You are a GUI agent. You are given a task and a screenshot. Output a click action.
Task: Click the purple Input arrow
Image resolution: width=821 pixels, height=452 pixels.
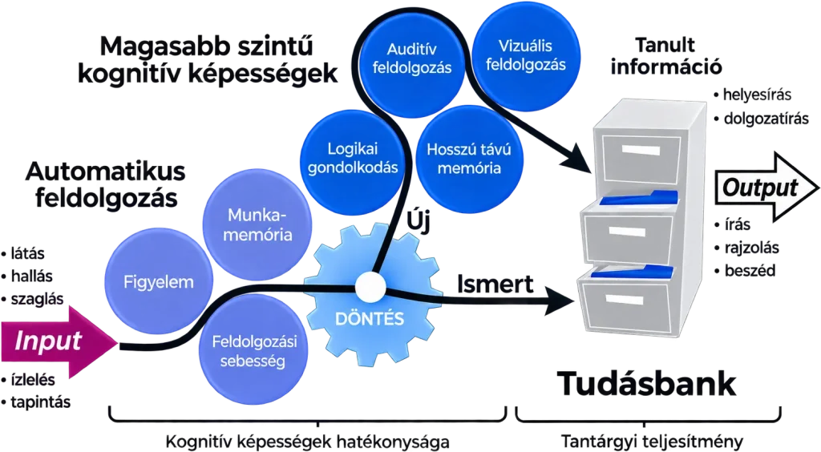(58, 341)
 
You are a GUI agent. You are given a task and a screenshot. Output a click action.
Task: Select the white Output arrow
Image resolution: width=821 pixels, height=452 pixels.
(766, 188)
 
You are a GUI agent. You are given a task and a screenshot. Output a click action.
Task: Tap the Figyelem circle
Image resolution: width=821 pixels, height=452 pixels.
(159, 282)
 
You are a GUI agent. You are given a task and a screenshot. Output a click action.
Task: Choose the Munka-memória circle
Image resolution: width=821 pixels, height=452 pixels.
(257, 225)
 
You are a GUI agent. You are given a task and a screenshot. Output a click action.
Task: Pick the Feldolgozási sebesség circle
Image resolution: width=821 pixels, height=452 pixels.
(254, 352)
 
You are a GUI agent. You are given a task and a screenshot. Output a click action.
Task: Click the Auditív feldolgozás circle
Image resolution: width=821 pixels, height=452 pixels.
(412, 59)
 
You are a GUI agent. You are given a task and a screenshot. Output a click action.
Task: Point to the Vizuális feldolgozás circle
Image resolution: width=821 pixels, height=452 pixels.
(526, 55)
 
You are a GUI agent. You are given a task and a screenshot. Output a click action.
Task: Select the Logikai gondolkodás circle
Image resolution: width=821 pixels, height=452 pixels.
(353, 159)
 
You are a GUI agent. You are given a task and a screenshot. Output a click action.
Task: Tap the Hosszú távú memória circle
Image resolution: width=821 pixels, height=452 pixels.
(469, 159)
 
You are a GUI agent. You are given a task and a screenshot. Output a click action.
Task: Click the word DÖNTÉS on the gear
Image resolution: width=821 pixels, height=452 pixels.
(370, 319)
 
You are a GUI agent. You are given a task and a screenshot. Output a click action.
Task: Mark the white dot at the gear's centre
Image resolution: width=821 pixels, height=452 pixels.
(370, 286)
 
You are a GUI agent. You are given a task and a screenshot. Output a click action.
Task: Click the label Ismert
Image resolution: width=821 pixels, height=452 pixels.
(495, 284)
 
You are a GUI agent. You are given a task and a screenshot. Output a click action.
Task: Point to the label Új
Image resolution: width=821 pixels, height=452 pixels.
(419, 222)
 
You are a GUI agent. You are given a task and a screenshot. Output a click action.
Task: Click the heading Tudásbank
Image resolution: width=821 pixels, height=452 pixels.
(646, 383)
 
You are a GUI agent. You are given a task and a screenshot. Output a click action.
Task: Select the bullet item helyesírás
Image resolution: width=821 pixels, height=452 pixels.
(752, 95)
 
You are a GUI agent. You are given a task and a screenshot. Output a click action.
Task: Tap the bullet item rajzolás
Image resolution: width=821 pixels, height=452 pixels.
(746, 248)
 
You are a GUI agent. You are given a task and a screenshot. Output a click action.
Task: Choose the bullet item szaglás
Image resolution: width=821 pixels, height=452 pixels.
(32, 299)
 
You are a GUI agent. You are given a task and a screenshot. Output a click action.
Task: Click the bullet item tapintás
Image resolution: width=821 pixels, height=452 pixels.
(35, 402)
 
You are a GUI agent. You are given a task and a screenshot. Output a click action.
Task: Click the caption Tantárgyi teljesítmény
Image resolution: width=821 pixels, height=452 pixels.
(652, 442)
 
